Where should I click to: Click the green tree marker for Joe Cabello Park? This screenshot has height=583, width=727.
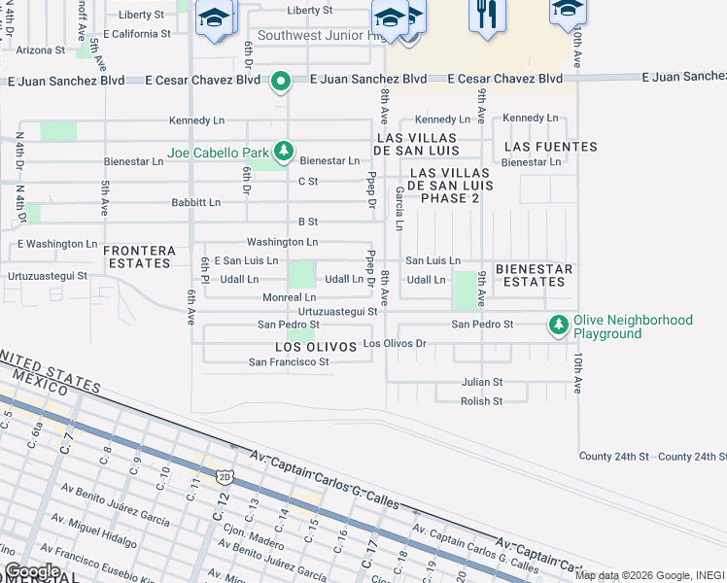click(x=283, y=151)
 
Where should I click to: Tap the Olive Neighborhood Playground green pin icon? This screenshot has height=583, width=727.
click(x=558, y=326)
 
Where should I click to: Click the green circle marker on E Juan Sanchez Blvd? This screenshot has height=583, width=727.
click(x=280, y=81)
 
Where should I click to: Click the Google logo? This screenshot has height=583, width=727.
click(x=32, y=570)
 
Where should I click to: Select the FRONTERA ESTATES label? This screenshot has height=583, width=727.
click(x=139, y=257)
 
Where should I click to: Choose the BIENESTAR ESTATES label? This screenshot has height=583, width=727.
click(x=530, y=275)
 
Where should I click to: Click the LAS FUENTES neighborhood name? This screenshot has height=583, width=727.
click(x=551, y=147)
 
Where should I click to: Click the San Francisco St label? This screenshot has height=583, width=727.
click(x=289, y=361)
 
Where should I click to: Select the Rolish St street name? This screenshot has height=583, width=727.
click(x=481, y=400)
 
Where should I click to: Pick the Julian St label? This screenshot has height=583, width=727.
click(x=482, y=382)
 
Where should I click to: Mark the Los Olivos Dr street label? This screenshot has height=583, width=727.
click(x=395, y=344)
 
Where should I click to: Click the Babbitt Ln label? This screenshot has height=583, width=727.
click(x=195, y=202)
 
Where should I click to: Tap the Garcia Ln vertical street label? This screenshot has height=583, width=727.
click(x=399, y=209)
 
